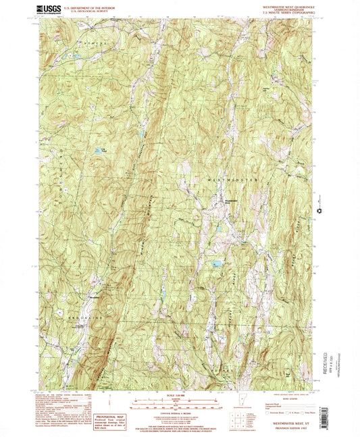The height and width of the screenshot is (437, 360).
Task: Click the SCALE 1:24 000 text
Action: click(x=180, y=396)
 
